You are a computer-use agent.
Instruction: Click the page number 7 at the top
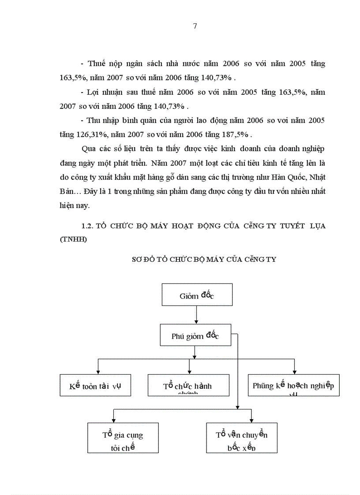click(195, 26)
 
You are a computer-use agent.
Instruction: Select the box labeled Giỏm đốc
click(197, 295)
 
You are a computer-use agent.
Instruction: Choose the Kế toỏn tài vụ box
click(95, 385)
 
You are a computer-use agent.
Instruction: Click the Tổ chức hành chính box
click(188, 385)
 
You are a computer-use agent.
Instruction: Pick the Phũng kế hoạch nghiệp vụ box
click(293, 385)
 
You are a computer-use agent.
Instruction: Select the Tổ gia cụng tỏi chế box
click(123, 438)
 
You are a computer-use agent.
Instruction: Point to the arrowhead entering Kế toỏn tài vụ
click(97, 372)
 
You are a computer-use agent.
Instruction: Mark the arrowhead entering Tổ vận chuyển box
click(251, 420)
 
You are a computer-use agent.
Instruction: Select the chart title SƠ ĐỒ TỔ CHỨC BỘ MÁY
click(204, 259)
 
